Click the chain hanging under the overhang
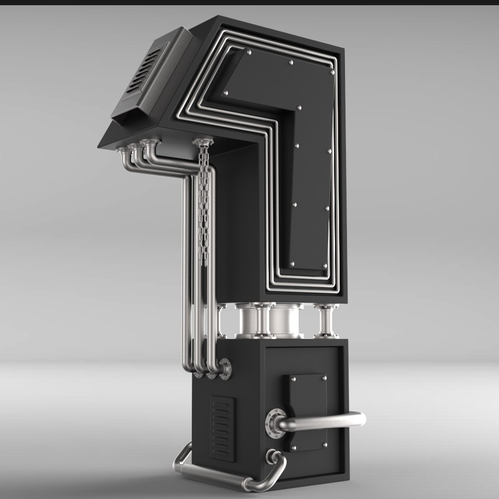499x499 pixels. [x=203, y=203]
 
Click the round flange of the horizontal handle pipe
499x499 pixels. [x=274, y=422]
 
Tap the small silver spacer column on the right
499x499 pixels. [x=326, y=321]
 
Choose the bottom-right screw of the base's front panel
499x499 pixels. [x=325, y=445]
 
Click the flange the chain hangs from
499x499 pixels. [x=202, y=141]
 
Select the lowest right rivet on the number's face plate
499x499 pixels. [x=325, y=266]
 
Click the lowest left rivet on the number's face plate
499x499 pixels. [x=292, y=264]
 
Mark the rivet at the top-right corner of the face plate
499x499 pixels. [x=332, y=72]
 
